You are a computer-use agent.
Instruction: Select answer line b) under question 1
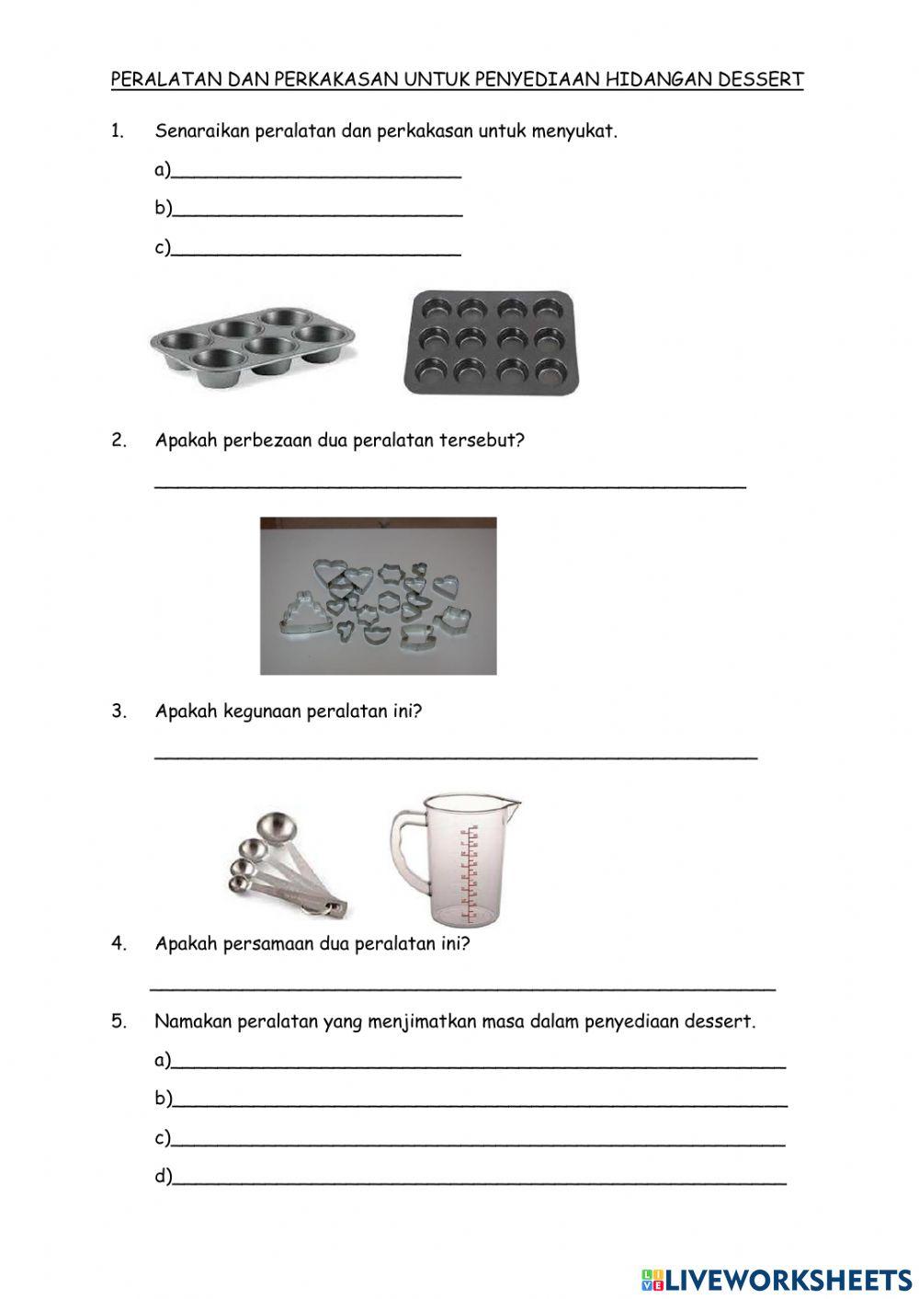[x=316, y=211]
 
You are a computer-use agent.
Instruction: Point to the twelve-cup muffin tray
[x=492, y=342]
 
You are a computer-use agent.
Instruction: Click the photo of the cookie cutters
[x=378, y=596]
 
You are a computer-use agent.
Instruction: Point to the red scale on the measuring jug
[x=471, y=872]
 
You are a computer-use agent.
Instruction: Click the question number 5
[x=119, y=1022]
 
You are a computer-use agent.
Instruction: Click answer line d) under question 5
[x=478, y=1179]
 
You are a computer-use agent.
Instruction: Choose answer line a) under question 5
[x=478, y=1064]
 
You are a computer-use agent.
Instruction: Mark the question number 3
[x=119, y=712]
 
